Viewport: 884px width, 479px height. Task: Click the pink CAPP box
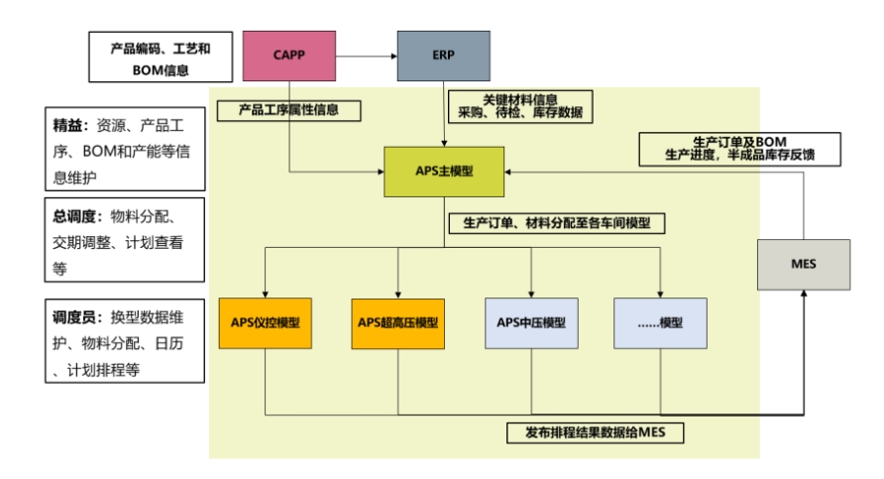pos(288,55)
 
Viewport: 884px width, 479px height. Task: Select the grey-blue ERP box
pos(443,55)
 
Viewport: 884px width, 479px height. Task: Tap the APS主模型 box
pos(444,171)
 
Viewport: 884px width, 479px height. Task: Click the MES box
pos(803,264)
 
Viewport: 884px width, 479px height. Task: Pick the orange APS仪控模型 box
pos(266,322)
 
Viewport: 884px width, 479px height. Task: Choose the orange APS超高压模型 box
pos(397,322)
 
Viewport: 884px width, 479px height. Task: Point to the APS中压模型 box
pos(532,322)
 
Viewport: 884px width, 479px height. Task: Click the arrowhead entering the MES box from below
pos(803,298)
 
